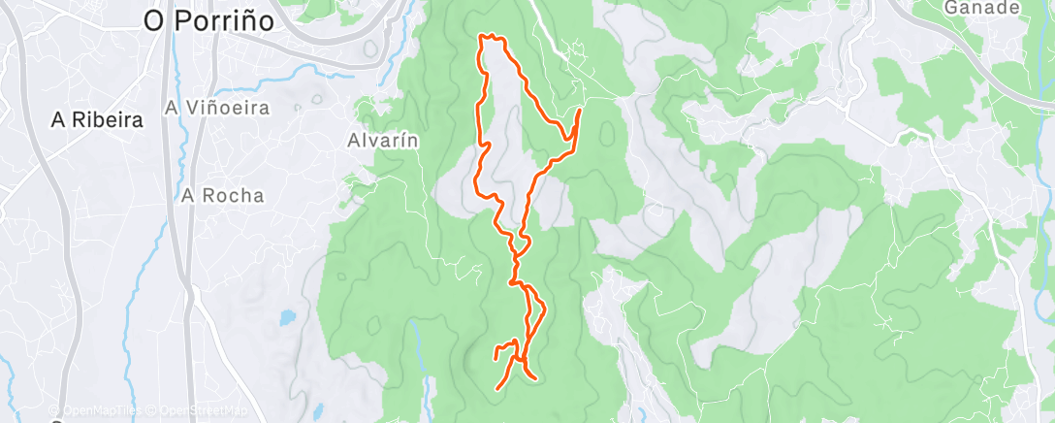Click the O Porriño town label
tap(208, 20)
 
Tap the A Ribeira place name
tap(98, 121)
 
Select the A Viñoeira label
tap(217, 109)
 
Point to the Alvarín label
tap(382, 140)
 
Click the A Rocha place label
tap(222, 195)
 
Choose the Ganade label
tap(981, 8)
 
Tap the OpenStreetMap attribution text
tap(198, 410)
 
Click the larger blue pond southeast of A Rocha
tap(288, 316)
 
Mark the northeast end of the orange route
tap(579, 112)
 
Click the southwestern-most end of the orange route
tap(497, 389)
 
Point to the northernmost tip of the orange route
tap(485, 36)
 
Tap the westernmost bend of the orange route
tap(474, 181)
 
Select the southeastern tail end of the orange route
tap(535, 377)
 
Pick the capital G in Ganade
tap(951, 8)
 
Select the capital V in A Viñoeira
tap(189, 109)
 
